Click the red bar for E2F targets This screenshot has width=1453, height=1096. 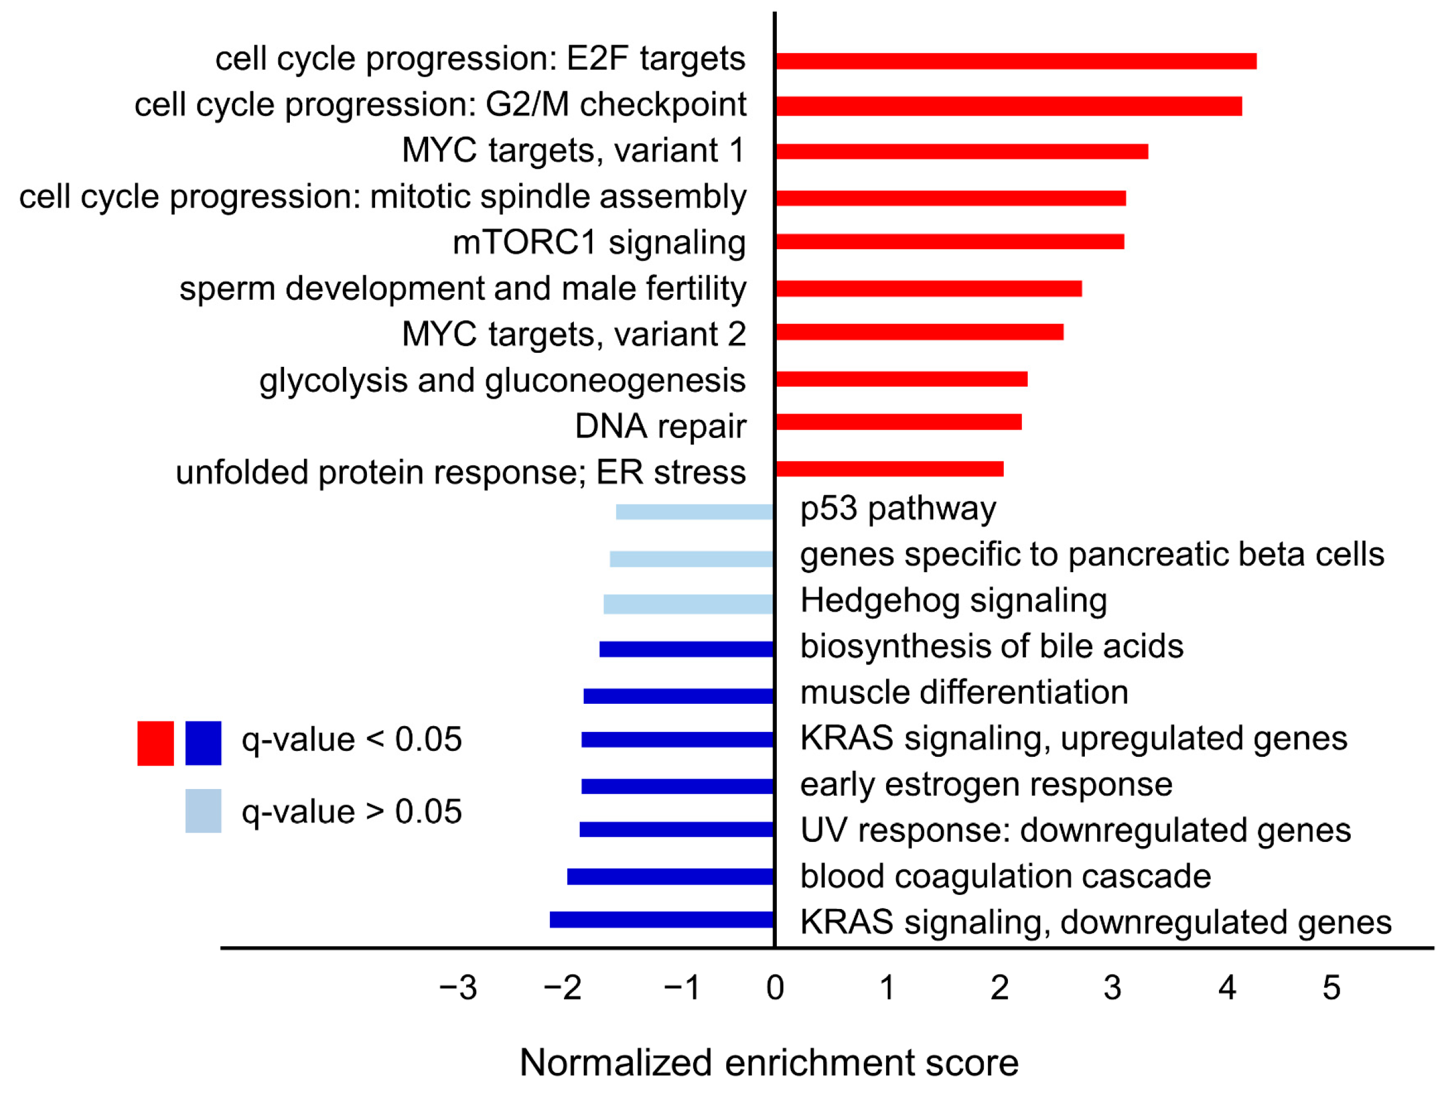[1015, 61]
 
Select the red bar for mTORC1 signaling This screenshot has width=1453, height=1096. [949, 242]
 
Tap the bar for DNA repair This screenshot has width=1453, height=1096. [898, 422]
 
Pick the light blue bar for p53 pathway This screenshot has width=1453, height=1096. [694, 512]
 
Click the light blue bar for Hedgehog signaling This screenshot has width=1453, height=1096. [688, 604]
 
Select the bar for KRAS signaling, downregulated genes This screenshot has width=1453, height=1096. [661, 920]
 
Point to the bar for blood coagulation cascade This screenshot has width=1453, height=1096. [670, 877]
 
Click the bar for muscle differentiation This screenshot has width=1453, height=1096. [678, 696]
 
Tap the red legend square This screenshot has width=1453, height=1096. [155, 743]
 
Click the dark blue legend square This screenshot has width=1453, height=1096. [203, 743]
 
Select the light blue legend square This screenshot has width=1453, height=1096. [203, 811]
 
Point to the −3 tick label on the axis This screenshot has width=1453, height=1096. [458, 988]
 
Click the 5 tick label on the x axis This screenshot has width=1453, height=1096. [1331, 988]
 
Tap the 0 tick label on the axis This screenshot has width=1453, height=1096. [774, 988]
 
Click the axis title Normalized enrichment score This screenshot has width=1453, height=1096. [769, 1062]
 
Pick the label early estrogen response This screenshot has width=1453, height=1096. [986, 785]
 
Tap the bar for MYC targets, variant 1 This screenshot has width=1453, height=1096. [961, 152]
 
